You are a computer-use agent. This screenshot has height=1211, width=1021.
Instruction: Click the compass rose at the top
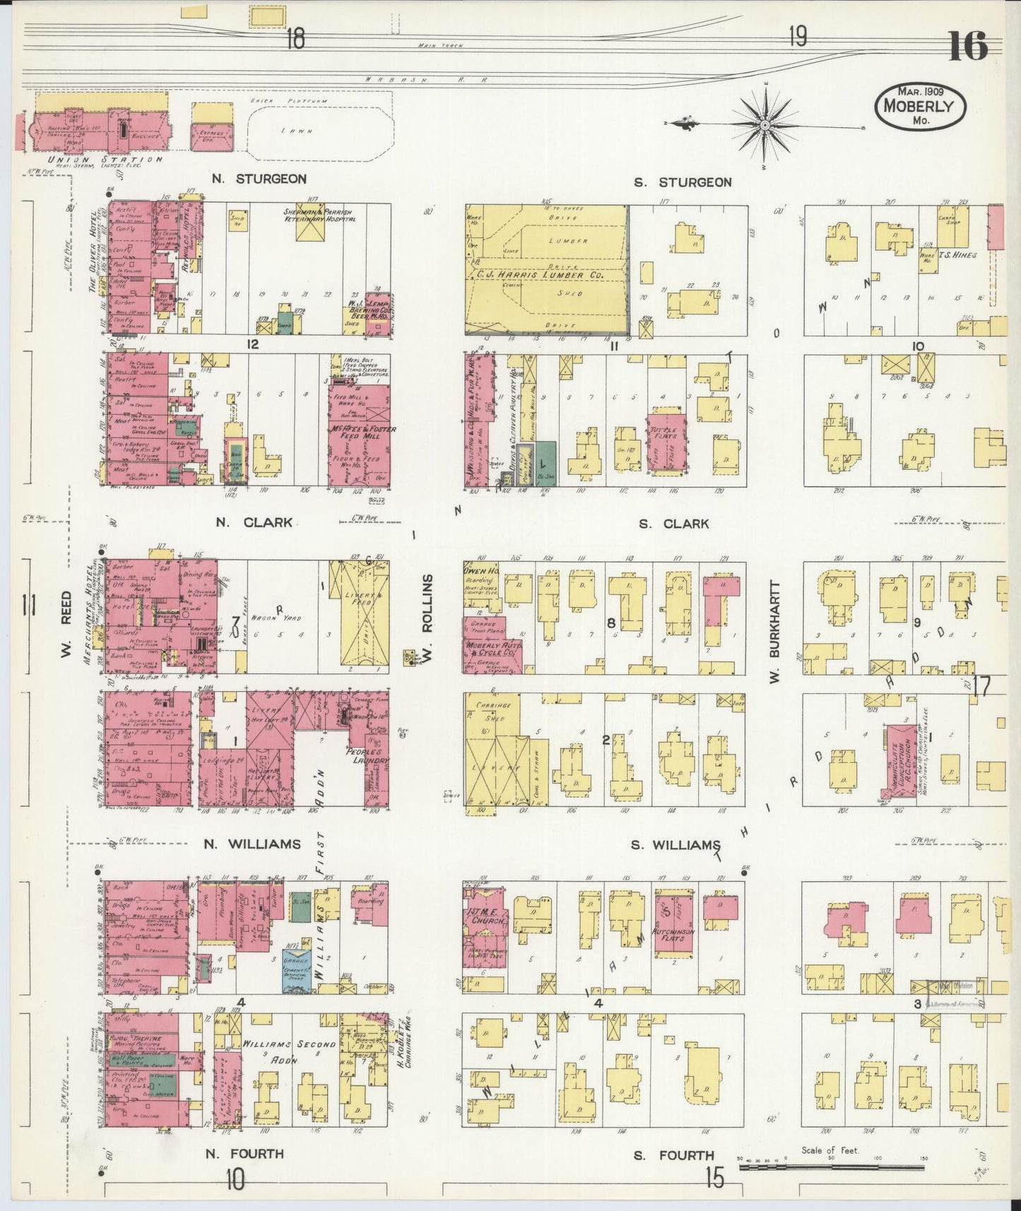coord(765,126)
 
